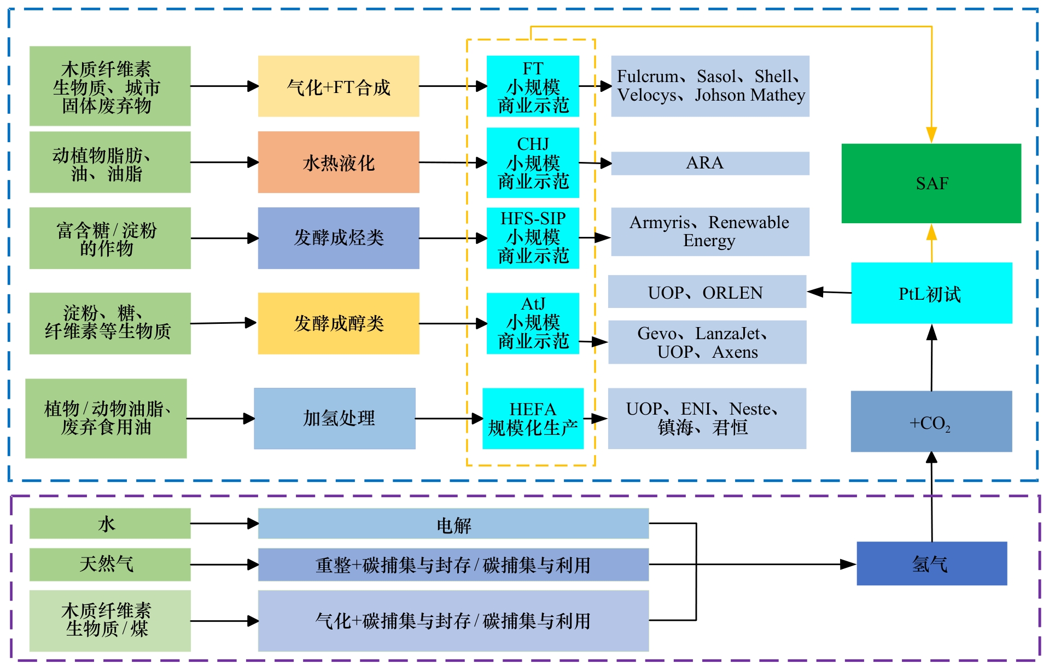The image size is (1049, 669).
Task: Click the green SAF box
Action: [931, 183]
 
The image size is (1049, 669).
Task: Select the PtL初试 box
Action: [931, 293]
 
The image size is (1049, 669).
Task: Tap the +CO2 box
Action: [931, 422]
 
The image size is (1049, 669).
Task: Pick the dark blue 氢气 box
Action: [931, 563]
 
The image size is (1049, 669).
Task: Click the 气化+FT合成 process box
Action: [339, 86]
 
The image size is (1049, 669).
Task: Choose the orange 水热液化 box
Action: [339, 162]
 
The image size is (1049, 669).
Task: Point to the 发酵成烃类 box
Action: [339, 238]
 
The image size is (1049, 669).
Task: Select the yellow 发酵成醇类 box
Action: [339, 323]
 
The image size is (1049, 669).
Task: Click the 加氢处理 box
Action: [335, 418]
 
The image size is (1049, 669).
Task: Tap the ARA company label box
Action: [709, 163]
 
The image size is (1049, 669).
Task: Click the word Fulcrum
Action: [647, 77]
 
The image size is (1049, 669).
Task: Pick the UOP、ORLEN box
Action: [707, 292]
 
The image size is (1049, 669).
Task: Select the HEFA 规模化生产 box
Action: [533, 418]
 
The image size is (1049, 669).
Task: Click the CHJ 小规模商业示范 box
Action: [533, 162]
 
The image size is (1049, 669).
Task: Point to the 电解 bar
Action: [453, 524]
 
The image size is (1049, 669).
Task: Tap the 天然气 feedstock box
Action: [110, 564]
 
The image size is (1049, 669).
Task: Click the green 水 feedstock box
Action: [110, 523]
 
